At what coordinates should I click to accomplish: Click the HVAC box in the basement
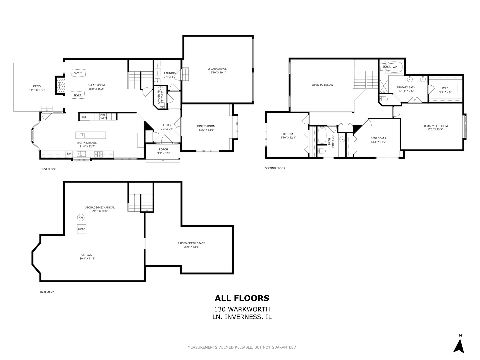click(82, 229)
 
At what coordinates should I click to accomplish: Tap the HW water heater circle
click(80, 218)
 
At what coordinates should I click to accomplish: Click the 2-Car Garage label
click(217, 69)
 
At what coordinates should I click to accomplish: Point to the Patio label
click(37, 86)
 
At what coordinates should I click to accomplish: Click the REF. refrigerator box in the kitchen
click(84, 117)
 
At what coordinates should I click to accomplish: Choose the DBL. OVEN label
click(103, 117)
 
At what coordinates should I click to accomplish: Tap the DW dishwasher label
click(69, 154)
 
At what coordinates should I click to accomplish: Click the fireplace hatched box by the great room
click(60, 86)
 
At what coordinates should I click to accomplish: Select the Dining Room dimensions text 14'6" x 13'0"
click(207, 130)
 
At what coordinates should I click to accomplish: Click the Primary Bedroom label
click(435, 126)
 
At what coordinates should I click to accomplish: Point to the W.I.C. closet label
click(445, 88)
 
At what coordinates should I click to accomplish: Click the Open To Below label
click(322, 85)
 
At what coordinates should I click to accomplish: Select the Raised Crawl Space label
click(191, 243)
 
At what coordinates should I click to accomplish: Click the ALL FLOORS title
click(242, 298)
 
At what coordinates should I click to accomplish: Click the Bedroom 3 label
click(287, 134)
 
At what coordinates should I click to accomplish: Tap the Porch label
click(163, 149)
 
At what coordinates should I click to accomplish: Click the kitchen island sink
click(82, 135)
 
